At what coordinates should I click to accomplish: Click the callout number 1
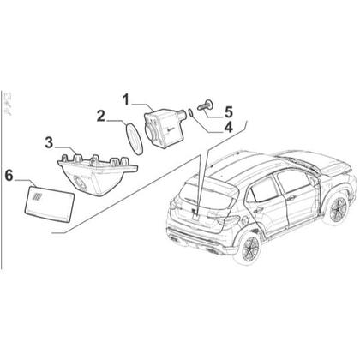tap(126, 100)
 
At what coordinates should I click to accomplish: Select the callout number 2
tap(101, 117)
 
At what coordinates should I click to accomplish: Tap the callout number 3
tap(49, 142)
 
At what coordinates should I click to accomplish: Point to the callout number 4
tap(229, 128)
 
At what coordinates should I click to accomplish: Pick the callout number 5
tap(229, 112)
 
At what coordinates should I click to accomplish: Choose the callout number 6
tap(9, 176)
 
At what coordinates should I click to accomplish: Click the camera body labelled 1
tap(164, 128)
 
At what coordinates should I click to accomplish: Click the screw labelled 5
tap(206, 105)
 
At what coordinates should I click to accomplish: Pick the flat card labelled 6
tap(50, 203)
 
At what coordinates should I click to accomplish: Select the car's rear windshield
tap(208, 196)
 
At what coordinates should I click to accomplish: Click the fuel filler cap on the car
tap(245, 220)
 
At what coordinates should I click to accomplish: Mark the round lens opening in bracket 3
tap(79, 182)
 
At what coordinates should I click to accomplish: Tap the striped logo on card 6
tap(37, 197)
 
